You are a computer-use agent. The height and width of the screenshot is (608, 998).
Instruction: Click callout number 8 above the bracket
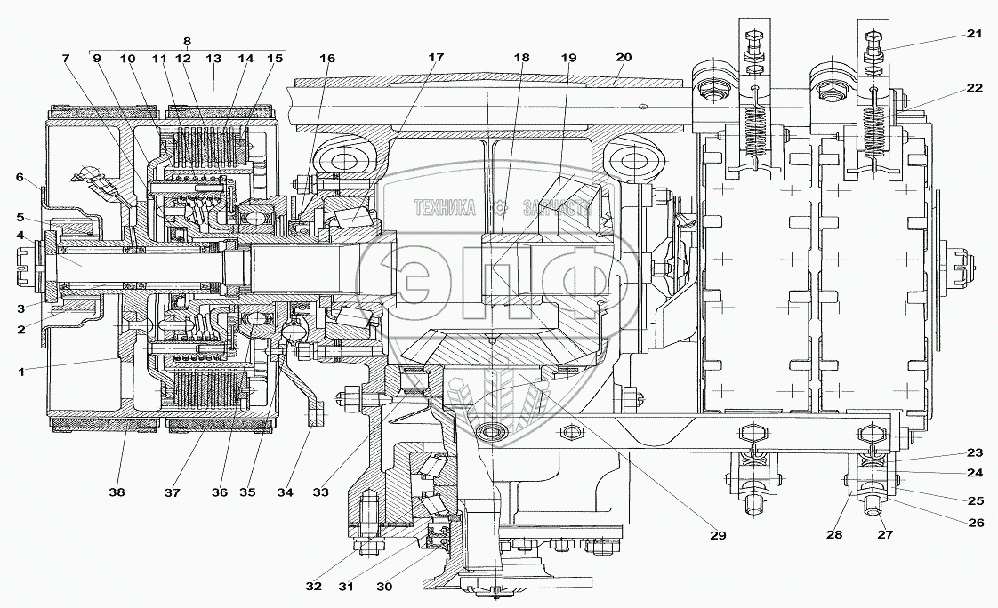pyautogui.click(x=186, y=41)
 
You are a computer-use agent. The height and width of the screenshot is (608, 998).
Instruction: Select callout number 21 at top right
pyautogui.click(x=975, y=34)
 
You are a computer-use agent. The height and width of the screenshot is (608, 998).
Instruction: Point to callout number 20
pyautogui.click(x=623, y=58)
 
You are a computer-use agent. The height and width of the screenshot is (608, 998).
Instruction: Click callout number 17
pyautogui.click(x=435, y=58)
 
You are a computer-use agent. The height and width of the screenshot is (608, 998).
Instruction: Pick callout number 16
pyautogui.click(x=328, y=59)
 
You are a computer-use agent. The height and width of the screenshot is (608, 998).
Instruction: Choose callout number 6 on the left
pyautogui.click(x=20, y=177)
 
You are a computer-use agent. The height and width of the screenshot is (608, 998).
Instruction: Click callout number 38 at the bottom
pyautogui.click(x=117, y=492)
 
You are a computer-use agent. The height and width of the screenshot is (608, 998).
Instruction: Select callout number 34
pyautogui.click(x=286, y=492)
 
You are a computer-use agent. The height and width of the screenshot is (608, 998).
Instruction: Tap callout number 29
pyautogui.click(x=718, y=536)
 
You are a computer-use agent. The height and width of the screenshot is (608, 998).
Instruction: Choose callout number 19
pyautogui.click(x=567, y=58)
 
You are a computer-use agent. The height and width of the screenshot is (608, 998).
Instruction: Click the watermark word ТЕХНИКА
pyautogui.click(x=444, y=208)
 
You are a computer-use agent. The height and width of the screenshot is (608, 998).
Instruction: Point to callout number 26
pyautogui.click(x=975, y=523)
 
